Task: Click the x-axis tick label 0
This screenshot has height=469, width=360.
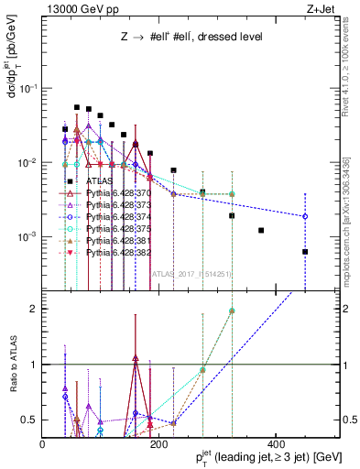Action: click(x=44, y=443)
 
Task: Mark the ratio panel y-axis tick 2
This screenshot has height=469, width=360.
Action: click(x=34, y=309)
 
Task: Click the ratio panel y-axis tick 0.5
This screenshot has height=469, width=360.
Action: click(x=29, y=420)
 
